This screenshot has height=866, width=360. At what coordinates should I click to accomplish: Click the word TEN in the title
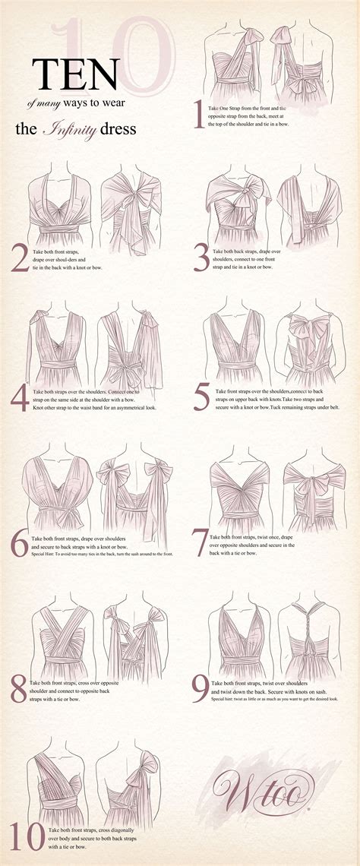coord(75,74)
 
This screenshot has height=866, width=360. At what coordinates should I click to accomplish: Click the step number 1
coord(199,115)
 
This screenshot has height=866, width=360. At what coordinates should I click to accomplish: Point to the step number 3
coord(201,258)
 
